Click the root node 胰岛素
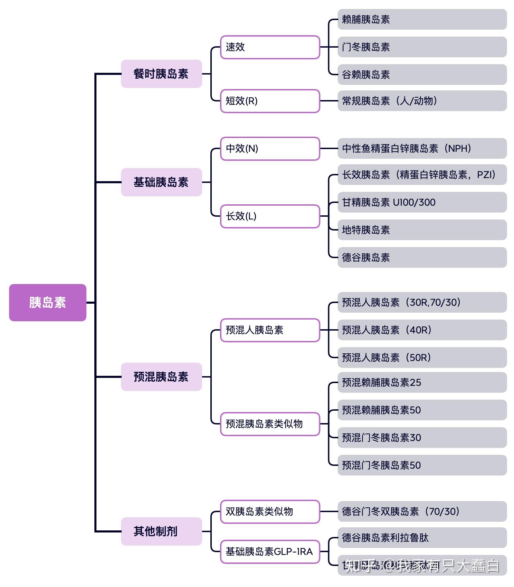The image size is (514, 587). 48,303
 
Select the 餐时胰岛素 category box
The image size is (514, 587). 161,74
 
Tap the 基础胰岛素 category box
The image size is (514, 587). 161,182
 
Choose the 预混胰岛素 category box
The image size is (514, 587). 161,377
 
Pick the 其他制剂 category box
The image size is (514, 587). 161,531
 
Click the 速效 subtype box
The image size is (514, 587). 270,47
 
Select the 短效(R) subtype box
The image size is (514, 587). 270,101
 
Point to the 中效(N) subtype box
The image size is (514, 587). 270,149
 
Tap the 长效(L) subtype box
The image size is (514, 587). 270,216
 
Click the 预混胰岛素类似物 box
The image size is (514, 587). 270,424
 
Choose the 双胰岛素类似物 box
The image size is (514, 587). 270,511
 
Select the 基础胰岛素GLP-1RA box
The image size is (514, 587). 270,552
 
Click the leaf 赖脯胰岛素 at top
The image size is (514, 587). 422,19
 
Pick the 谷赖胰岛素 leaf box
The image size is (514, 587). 422,75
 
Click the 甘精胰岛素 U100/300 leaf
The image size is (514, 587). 422,202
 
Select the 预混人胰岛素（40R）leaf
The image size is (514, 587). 422,330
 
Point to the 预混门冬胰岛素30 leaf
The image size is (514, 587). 422,438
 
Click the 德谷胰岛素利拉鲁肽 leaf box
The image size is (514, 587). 422,538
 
